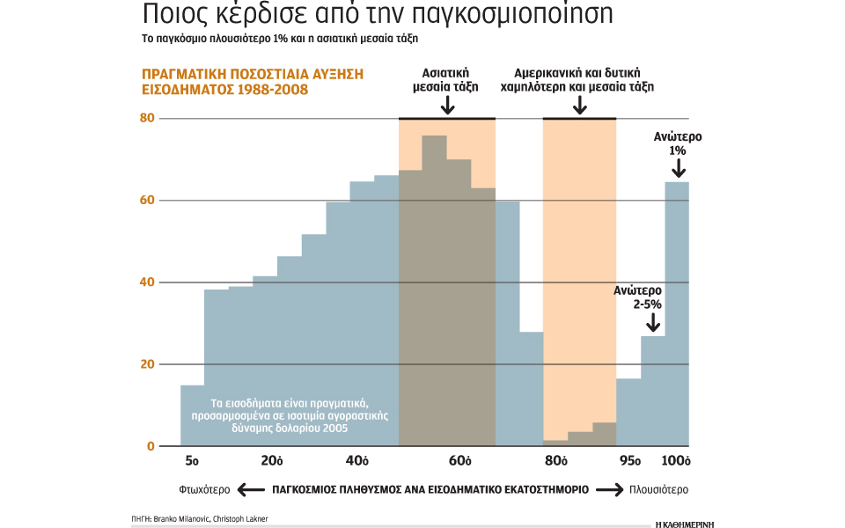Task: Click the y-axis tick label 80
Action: (x=146, y=118)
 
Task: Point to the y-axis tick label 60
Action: (x=146, y=200)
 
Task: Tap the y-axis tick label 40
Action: (x=146, y=282)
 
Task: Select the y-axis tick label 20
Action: (x=146, y=364)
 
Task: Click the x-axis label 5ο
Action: (x=192, y=461)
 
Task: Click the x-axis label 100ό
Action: (x=676, y=461)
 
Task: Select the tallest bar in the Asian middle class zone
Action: (x=434, y=290)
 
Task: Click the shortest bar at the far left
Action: (x=192, y=415)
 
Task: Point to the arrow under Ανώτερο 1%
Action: (x=677, y=167)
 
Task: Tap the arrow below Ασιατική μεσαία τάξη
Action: (x=447, y=106)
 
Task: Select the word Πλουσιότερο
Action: (x=658, y=489)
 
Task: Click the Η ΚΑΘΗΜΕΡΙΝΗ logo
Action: (x=685, y=521)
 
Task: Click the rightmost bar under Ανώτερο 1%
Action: (x=677, y=313)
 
